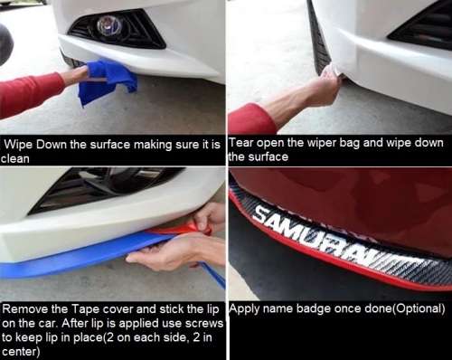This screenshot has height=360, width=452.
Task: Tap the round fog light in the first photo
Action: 111,26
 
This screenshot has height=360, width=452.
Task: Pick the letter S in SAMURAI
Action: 263,216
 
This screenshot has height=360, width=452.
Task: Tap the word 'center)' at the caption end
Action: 23,352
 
